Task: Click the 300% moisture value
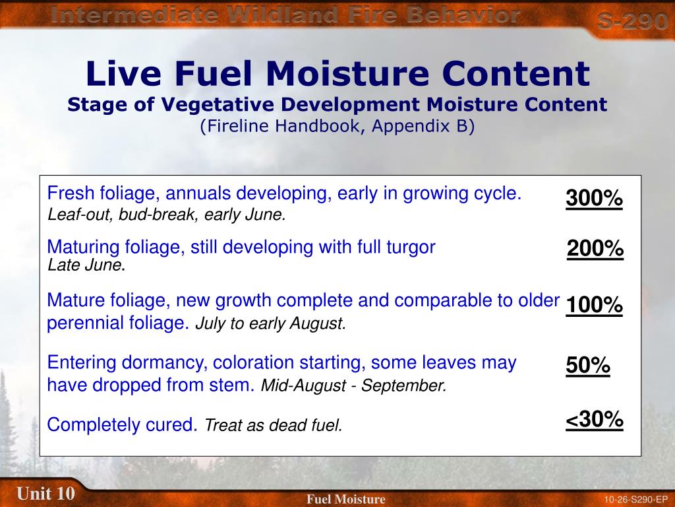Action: [593, 198]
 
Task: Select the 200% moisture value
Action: [595, 249]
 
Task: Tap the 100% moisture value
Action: [593, 306]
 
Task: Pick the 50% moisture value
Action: [587, 366]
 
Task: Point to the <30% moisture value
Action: [594, 420]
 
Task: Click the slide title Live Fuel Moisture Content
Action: [337, 73]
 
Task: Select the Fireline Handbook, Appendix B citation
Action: [337, 126]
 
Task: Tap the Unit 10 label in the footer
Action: [45, 493]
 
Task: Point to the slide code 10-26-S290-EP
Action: [635, 499]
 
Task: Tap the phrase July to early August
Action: [270, 324]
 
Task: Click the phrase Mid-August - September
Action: [354, 386]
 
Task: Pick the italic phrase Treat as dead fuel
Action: [274, 426]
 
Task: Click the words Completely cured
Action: [123, 425]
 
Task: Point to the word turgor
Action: [413, 248]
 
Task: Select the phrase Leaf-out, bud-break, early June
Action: [167, 215]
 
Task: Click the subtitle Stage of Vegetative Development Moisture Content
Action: [337, 104]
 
